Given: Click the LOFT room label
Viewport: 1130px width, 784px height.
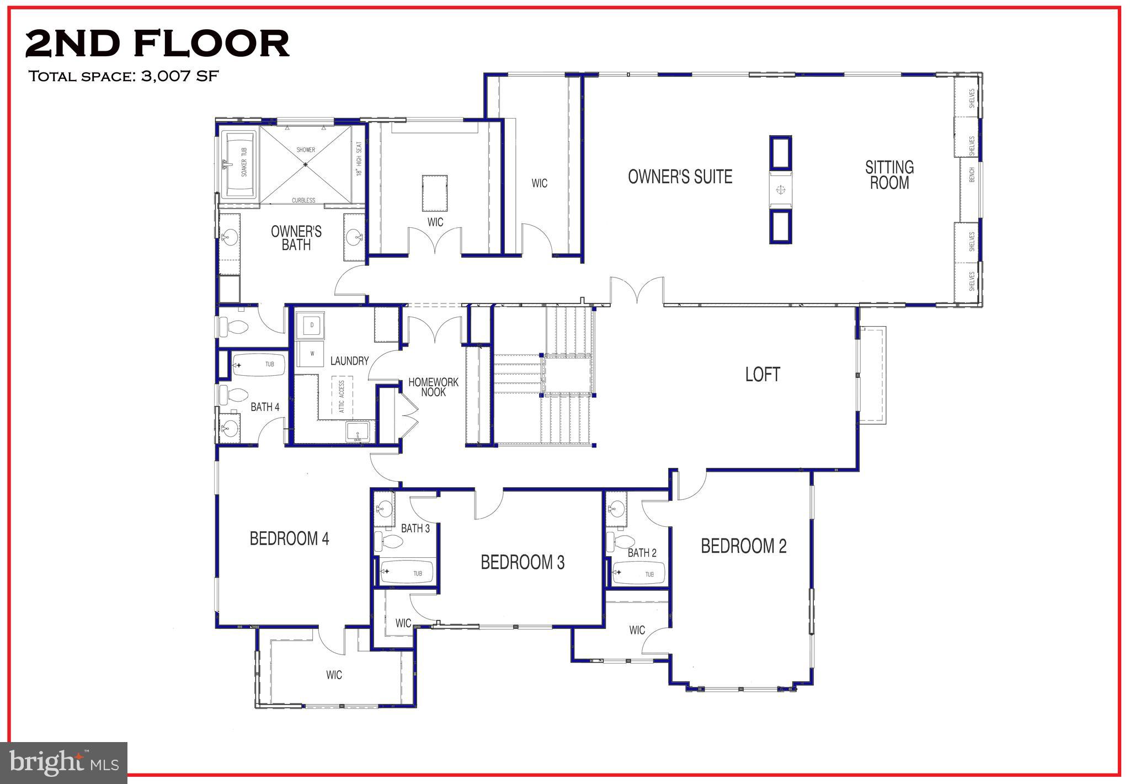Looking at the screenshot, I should coord(762,375).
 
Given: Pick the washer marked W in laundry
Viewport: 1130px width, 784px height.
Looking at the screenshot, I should coord(311,354).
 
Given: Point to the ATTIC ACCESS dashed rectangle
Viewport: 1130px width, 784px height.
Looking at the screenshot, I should coord(341,396).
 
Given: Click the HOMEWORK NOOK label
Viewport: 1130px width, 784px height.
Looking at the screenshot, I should coord(433,387).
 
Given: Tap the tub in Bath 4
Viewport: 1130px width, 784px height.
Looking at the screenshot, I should coord(259,365).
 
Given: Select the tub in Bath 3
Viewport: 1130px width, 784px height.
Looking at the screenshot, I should coord(407,573).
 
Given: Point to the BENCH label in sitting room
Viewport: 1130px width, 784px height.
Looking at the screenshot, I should coord(972,174).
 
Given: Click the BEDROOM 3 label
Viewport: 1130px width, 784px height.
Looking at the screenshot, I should coord(523,563).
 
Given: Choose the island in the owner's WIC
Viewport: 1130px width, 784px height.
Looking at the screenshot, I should coord(435,193).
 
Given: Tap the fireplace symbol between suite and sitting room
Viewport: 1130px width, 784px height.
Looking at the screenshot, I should coord(780,190).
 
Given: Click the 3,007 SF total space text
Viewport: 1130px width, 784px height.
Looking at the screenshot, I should coord(180,76).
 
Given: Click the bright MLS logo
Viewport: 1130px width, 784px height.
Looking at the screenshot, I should coord(64,763).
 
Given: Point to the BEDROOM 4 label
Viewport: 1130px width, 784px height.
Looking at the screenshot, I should coord(289,538).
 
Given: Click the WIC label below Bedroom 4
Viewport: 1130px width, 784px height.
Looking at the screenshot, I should coord(334,675).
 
